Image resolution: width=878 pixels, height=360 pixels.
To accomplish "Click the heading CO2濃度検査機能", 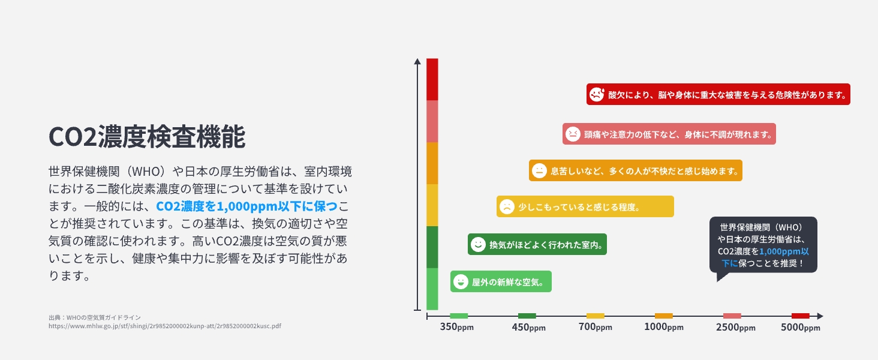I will pos(147,137).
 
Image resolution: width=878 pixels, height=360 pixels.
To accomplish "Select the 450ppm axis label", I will pos(528,327).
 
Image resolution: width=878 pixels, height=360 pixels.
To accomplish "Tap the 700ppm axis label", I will pos(595,327).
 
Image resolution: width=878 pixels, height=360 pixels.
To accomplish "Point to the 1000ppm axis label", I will pos(663,327).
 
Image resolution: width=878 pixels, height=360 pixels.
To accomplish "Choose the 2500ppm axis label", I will pos(735,327).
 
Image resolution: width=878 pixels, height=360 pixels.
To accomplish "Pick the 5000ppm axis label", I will pos(801,327).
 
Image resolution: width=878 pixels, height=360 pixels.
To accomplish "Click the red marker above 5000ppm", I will pos(800,316).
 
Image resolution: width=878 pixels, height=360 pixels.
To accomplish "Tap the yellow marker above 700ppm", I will pos(595,316).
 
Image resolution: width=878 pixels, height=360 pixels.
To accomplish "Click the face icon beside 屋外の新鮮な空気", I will pos(461,281).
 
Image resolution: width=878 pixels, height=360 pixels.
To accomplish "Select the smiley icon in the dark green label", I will pos(478,244).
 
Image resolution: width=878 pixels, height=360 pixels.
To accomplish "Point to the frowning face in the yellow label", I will pos(507,206).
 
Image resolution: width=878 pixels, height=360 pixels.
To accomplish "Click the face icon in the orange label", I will pos(539,170).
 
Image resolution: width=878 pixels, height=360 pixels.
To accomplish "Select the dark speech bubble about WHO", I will pos(763,245).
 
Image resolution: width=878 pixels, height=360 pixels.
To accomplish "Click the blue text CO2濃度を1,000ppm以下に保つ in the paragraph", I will pos(246,206).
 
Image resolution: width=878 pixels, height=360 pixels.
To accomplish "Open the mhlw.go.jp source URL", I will pos(164,326).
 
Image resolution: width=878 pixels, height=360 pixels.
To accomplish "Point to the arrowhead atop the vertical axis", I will pos(417,61).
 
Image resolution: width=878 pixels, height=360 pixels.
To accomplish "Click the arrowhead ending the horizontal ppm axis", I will pos(820,316).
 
